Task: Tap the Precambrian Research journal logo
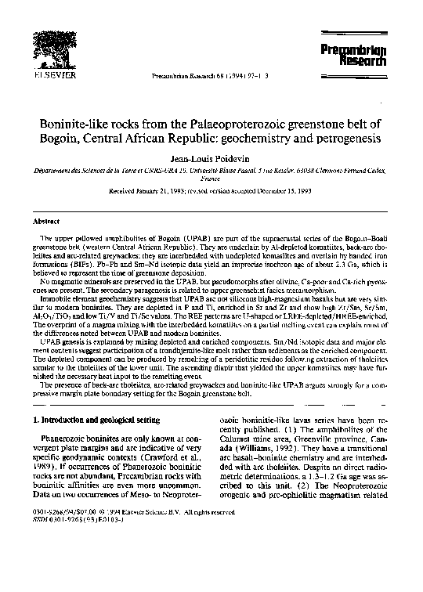coord(363,54)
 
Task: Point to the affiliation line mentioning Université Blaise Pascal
coord(211,170)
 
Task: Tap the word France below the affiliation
coord(211,178)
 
